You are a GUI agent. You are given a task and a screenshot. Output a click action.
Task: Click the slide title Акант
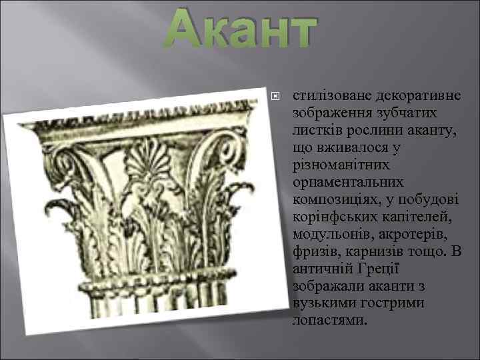pyautogui.click(x=240, y=32)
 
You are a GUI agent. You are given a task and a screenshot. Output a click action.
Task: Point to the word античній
pyautogui.click(x=319, y=269)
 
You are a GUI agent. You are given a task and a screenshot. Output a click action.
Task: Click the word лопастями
pyautogui.click(x=329, y=321)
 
